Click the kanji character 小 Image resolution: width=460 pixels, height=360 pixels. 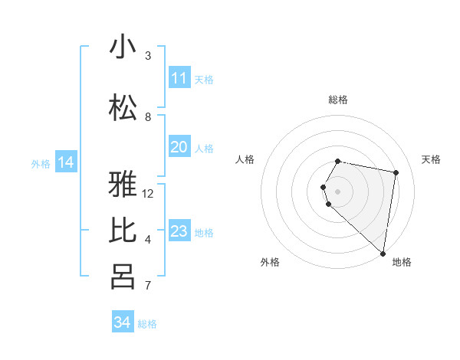coord(123,47)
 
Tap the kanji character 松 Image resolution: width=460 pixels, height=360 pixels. coord(123,108)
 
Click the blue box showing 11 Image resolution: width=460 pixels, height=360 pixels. coord(179,78)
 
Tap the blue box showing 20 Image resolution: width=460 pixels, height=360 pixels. coord(179,147)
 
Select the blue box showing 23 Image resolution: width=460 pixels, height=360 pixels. coord(179,231)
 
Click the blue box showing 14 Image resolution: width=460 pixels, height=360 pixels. coord(66,162)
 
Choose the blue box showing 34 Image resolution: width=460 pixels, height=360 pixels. coord(123,322)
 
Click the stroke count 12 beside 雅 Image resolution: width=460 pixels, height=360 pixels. coord(148,193)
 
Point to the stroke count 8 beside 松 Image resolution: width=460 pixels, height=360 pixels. coord(148,116)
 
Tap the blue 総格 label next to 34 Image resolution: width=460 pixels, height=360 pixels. coord(147,324)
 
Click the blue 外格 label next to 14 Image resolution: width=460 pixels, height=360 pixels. coord(41,163)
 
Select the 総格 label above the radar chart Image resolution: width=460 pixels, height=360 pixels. coord(338,100)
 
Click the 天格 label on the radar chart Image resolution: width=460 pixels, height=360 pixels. coord(431,159)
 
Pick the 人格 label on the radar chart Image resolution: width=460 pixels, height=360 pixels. coord(245,159)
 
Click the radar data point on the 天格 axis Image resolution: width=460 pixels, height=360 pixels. coord(396,172)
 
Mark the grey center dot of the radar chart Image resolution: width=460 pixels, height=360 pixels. coord(338,191)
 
